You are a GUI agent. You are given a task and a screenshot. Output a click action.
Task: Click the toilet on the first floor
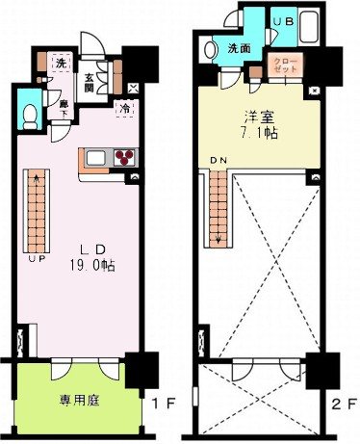coord(30,116)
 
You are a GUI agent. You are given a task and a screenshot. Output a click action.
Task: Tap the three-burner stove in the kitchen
coord(124,156)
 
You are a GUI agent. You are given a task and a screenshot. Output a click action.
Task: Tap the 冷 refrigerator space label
coord(127,108)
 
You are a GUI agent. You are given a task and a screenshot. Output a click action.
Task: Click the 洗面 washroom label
coord(239,49)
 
